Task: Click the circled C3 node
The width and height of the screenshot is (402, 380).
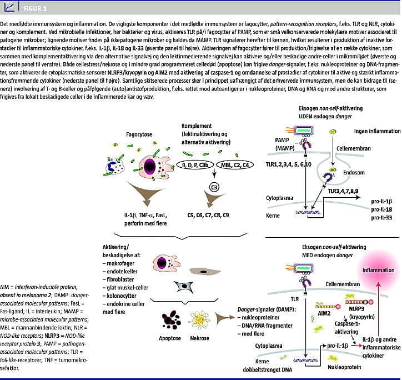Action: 214,188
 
